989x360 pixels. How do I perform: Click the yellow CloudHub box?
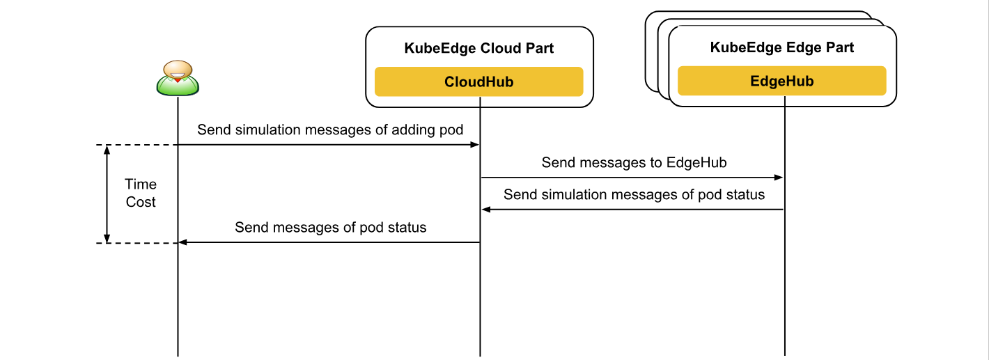pos(478,81)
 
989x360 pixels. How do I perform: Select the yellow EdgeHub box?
pos(782,81)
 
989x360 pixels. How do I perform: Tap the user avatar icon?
pos(178,78)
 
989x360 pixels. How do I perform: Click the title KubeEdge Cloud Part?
pos(478,48)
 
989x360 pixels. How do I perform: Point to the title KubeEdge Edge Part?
pos(782,47)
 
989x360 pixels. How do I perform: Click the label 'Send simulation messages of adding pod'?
pos(330,130)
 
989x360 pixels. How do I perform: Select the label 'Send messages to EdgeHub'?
pos(634,162)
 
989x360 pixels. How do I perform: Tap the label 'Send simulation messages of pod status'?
pos(634,194)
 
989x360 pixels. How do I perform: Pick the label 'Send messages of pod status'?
pos(330,227)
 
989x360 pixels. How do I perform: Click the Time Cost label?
pos(141,193)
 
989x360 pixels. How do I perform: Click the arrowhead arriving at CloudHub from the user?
pos(475,145)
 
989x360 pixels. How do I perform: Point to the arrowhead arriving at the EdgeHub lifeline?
pos(779,178)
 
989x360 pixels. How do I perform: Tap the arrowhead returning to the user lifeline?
pos(182,242)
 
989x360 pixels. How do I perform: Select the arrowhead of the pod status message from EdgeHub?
pos(486,210)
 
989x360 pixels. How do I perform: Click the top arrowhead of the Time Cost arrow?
pos(107,150)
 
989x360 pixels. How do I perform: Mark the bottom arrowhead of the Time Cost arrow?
pos(107,238)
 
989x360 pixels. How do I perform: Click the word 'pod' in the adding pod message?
pos(451,130)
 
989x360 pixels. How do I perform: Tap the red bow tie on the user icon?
pos(178,80)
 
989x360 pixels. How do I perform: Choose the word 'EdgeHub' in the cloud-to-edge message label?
pos(696,162)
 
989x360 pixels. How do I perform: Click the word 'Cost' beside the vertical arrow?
pos(141,202)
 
